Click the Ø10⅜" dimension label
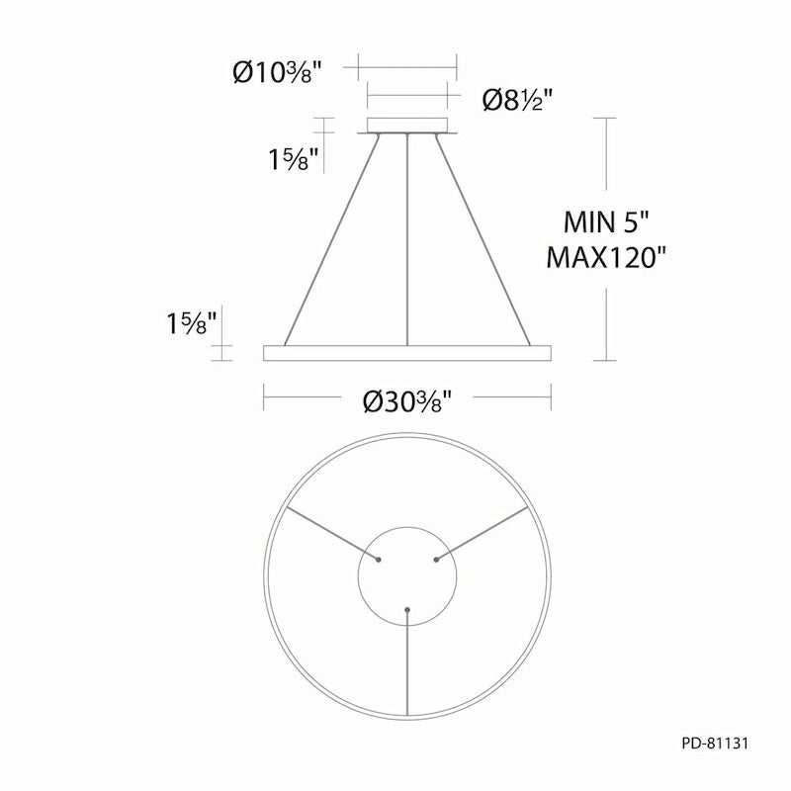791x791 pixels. click(277, 71)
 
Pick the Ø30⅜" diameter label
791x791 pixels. click(407, 401)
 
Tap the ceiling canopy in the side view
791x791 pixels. click(407, 126)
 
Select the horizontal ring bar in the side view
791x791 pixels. click(407, 353)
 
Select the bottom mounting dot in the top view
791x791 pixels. click(407, 609)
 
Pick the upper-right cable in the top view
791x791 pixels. click(484, 532)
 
